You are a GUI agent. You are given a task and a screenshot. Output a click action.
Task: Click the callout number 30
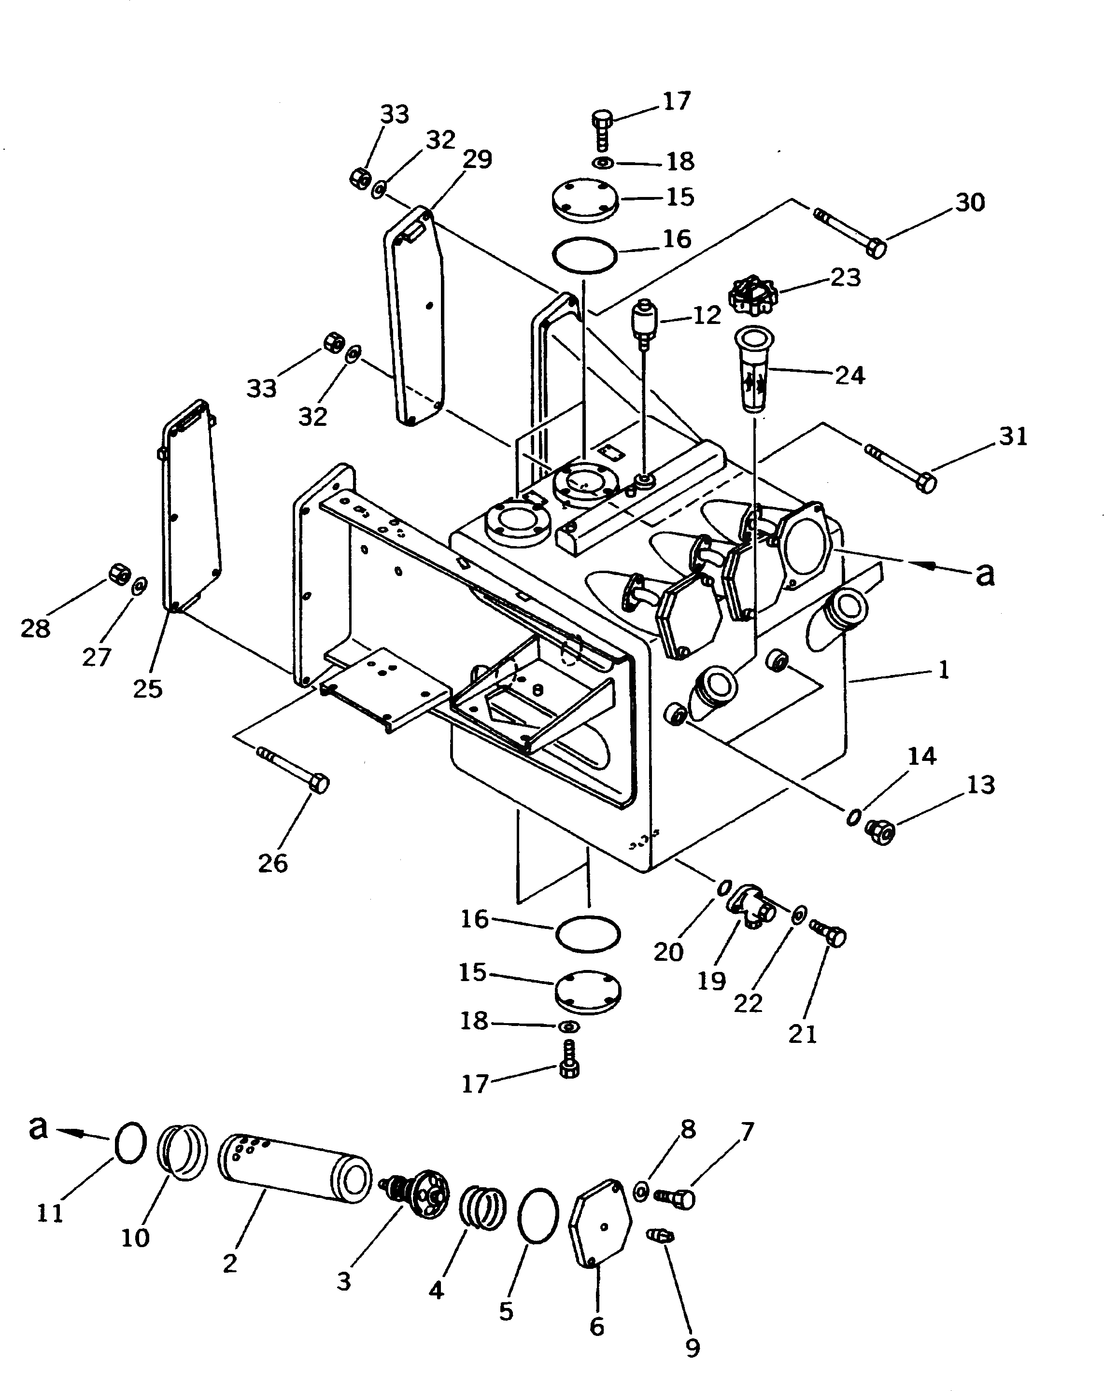pos(970,203)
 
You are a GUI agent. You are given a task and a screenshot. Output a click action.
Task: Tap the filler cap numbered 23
pos(752,296)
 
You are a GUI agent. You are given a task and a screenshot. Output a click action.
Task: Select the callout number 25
pos(148,689)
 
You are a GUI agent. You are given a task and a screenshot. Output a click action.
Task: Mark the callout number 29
pos(478,159)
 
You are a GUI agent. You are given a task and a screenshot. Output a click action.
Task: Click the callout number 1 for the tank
pos(943,670)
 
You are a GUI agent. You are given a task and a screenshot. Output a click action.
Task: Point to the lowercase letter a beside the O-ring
pos(39,1127)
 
